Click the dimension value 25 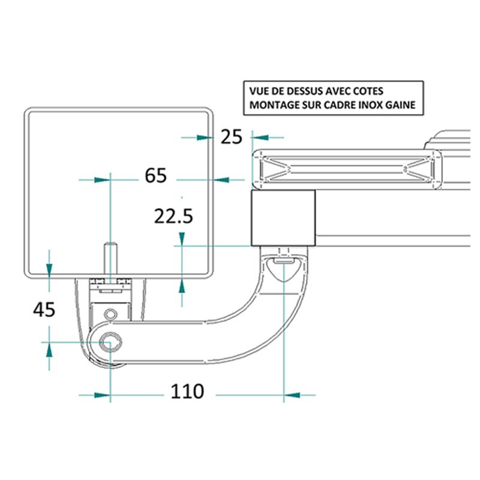(232, 137)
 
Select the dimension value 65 (156, 175)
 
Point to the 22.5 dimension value (173, 216)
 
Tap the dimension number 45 (44, 310)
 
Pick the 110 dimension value (187, 391)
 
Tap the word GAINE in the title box (400, 104)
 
